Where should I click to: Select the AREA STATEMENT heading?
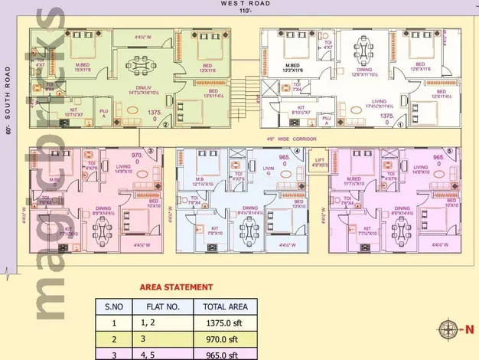point(175,287)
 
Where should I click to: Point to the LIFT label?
point(319,161)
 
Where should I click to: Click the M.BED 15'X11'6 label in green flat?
point(83,67)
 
